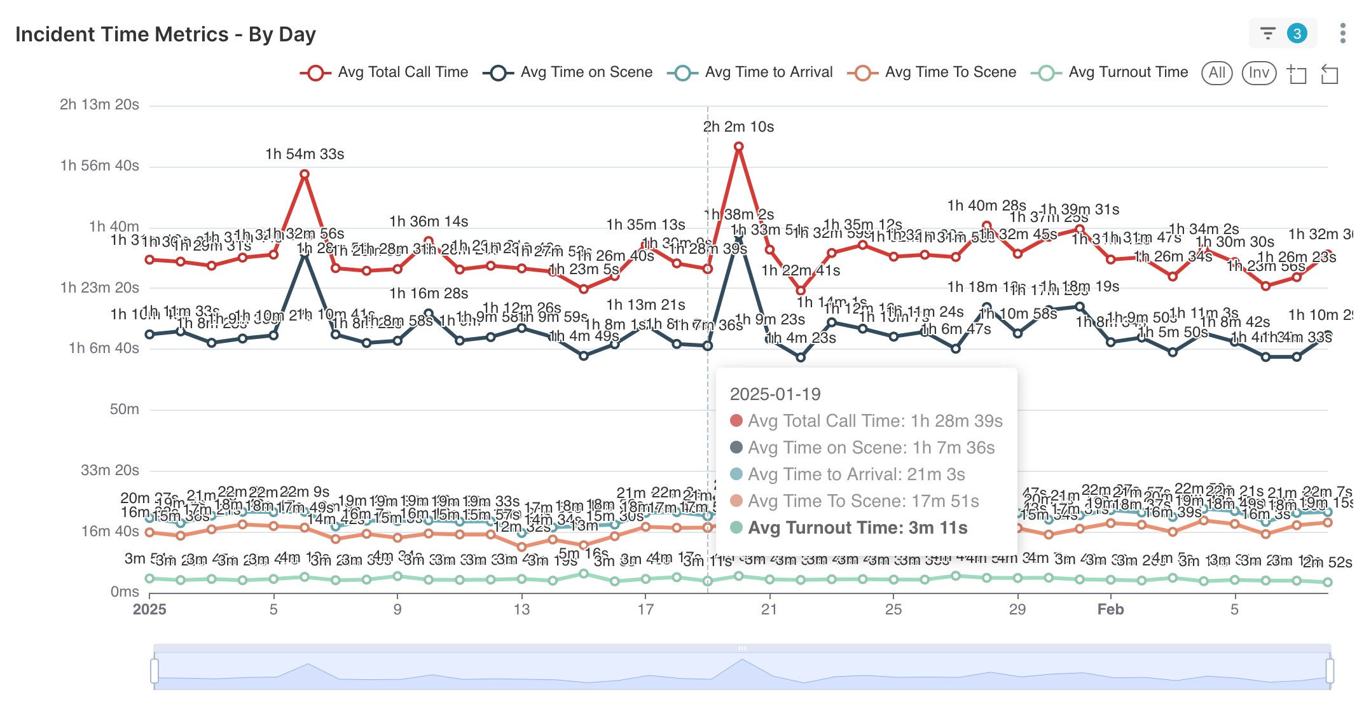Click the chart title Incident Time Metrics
(165, 34)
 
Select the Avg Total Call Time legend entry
(385, 73)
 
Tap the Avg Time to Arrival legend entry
(750, 73)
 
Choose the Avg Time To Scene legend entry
(932, 73)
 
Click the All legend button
(1216, 73)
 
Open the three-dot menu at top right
(1342, 33)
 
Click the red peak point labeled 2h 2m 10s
(738, 147)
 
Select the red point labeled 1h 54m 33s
(305, 174)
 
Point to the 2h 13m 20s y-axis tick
(99, 105)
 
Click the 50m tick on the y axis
(124, 410)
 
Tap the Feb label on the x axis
(1110, 609)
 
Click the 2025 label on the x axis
(149, 609)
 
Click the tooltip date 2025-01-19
(775, 394)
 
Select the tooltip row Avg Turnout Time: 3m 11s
(857, 528)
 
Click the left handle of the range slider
(155, 671)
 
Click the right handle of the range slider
(1330, 671)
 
